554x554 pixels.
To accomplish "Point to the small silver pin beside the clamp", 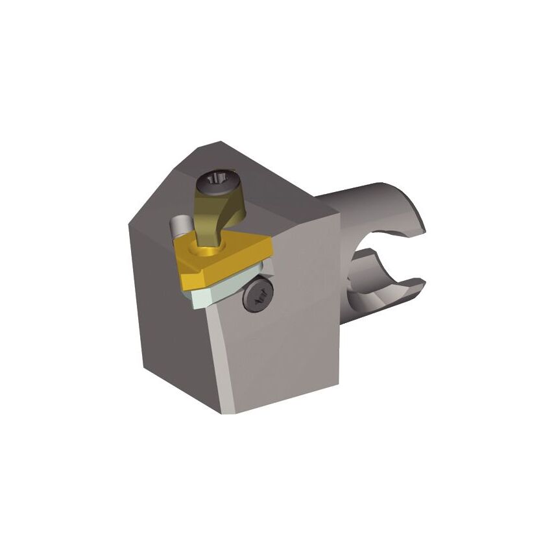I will pyautogui.click(x=176, y=228).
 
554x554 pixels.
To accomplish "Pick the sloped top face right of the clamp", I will pyautogui.click(x=285, y=201).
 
